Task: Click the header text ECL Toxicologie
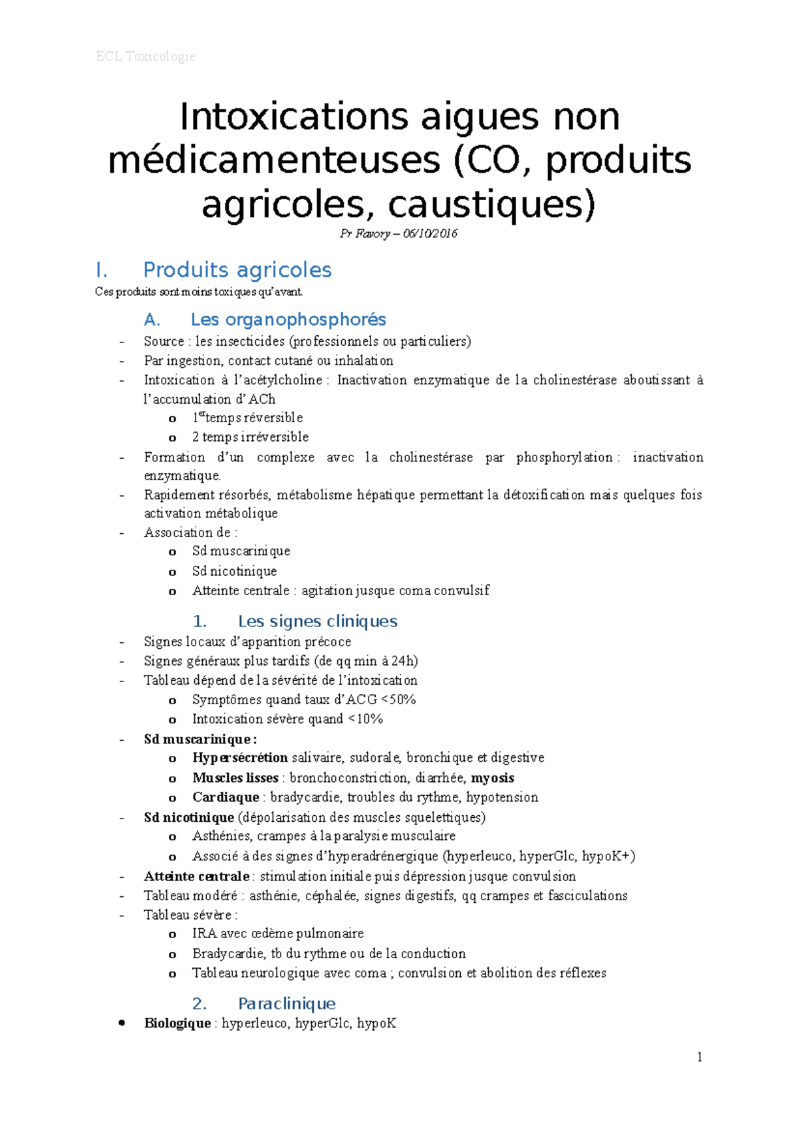(146, 57)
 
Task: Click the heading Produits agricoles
(237, 270)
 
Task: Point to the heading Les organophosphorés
(288, 320)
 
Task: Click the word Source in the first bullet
(164, 342)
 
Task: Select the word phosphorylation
(564, 457)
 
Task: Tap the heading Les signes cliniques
(317, 621)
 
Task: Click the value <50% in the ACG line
(398, 699)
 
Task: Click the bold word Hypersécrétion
(240, 758)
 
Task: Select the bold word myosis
(493, 778)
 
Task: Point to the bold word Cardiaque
(225, 797)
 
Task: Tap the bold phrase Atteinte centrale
(196, 876)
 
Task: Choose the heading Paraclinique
(287, 1003)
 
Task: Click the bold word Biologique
(178, 1023)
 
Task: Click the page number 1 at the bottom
(700, 1057)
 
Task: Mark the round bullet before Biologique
(122, 1023)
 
